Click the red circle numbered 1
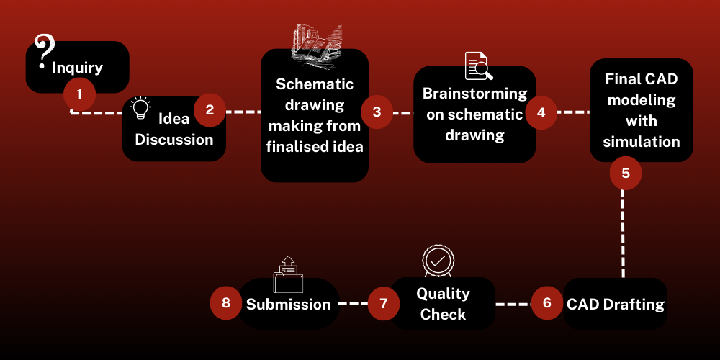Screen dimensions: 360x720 [x=79, y=94]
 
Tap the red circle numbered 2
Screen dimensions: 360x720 [x=210, y=109]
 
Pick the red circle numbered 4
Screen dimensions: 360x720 [x=541, y=112]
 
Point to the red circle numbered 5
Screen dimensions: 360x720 [x=625, y=173]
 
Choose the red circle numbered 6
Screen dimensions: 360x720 [x=547, y=302]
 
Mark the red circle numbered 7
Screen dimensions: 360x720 [x=384, y=303]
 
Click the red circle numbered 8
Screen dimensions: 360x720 [x=226, y=303]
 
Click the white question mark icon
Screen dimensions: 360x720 [x=45, y=51]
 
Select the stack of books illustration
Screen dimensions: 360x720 [x=315, y=45]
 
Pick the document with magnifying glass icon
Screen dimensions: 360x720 [x=478, y=66]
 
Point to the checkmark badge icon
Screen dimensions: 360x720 [x=437, y=261]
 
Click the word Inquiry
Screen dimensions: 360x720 [x=77, y=68]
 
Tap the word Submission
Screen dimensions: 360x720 [x=288, y=304]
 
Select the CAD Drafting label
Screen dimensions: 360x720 [x=616, y=304]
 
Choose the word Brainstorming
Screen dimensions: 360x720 [x=474, y=94]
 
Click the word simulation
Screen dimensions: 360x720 [x=642, y=141]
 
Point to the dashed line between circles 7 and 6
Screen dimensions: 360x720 [x=513, y=304]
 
